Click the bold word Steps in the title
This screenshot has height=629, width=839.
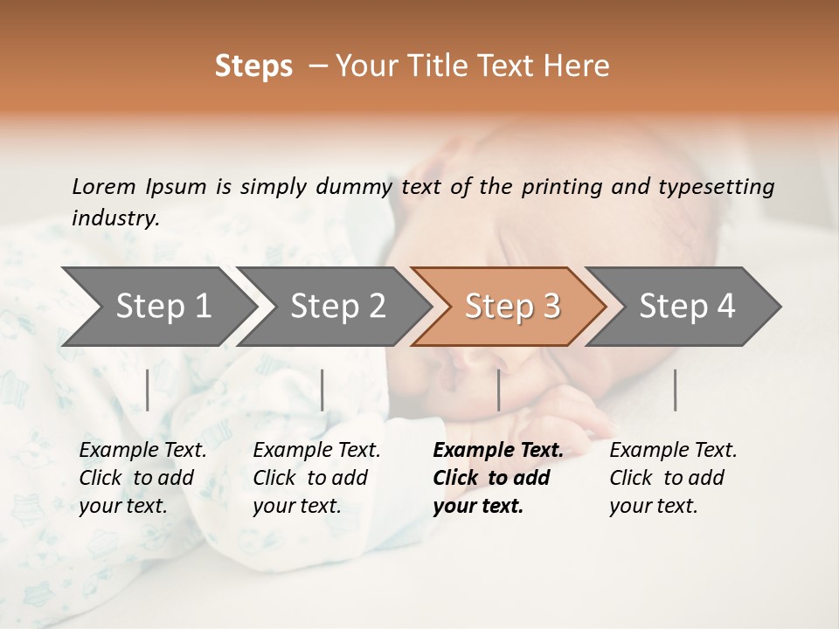253,66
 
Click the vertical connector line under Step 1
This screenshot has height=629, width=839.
148,390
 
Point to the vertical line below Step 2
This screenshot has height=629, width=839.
322,390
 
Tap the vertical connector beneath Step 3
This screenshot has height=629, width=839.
499,390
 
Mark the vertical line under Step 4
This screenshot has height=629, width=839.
676,390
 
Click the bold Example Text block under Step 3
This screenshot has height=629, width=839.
496,478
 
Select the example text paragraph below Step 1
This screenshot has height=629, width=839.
142,478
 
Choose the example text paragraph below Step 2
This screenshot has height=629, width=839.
315,478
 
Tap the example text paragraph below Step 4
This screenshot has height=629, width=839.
672,478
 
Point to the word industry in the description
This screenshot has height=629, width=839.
114,218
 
